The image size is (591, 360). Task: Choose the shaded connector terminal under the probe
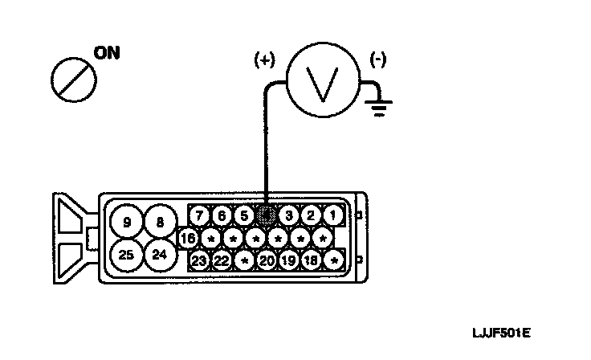point(267,215)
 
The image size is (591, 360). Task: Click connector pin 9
point(126,222)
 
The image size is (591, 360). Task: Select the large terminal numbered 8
point(161,222)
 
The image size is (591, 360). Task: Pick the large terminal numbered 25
point(126,256)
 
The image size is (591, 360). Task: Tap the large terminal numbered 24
point(161,256)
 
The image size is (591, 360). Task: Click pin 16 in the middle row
point(189,239)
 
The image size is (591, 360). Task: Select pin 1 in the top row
point(333,215)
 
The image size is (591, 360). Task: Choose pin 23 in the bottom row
point(200,261)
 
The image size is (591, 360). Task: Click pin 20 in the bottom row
point(267,261)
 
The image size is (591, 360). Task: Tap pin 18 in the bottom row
point(312,261)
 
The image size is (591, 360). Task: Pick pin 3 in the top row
point(290,215)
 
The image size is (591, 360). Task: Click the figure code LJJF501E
point(503,333)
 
